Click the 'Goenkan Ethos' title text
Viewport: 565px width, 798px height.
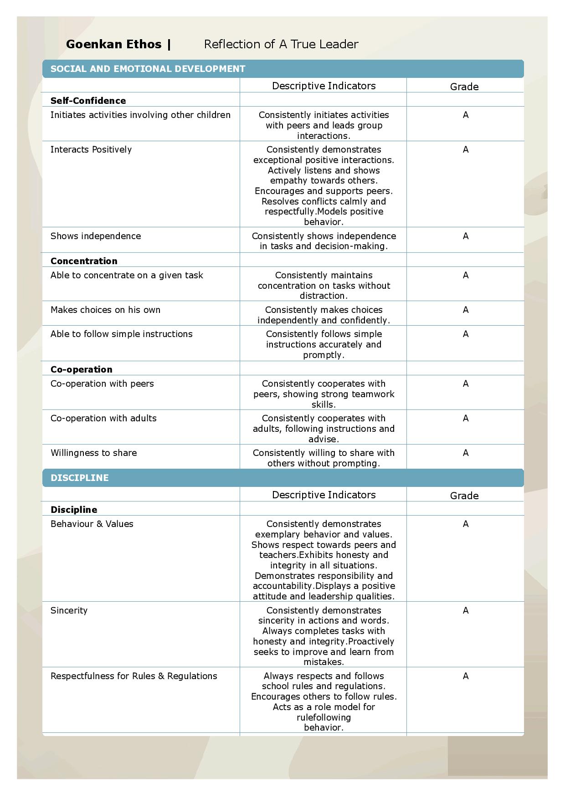(113, 44)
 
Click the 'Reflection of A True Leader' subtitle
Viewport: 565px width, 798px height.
(281, 44)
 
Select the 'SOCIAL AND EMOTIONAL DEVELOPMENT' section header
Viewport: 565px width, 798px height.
(148, 69)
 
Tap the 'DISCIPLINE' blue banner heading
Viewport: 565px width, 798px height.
(80, 478)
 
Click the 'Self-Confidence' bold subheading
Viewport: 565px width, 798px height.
(88, 101)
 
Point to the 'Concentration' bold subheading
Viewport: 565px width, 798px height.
(84, 261)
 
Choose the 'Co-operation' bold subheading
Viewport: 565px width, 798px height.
(81, 369)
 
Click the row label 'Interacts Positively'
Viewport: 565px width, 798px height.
(91, 149)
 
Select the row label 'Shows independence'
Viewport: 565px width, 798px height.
(96, 236)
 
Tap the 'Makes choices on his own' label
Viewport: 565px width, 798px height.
(105, 310)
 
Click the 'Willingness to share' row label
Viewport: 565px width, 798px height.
(93, 453)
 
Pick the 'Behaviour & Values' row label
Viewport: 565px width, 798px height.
(92, 524)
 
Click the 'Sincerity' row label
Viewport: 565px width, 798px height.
(69, 610)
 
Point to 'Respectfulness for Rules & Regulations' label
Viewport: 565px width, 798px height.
(134, 676)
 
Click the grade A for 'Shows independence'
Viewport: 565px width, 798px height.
(465, 236)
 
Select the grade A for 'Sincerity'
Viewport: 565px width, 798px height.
(465, 610)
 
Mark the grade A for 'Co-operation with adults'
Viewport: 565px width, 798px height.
(465, 418)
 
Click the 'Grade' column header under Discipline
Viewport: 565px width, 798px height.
(464, 496)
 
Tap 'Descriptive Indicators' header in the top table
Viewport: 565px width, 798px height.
(324, 86)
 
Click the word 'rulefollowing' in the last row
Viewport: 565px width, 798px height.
(324, 717)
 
